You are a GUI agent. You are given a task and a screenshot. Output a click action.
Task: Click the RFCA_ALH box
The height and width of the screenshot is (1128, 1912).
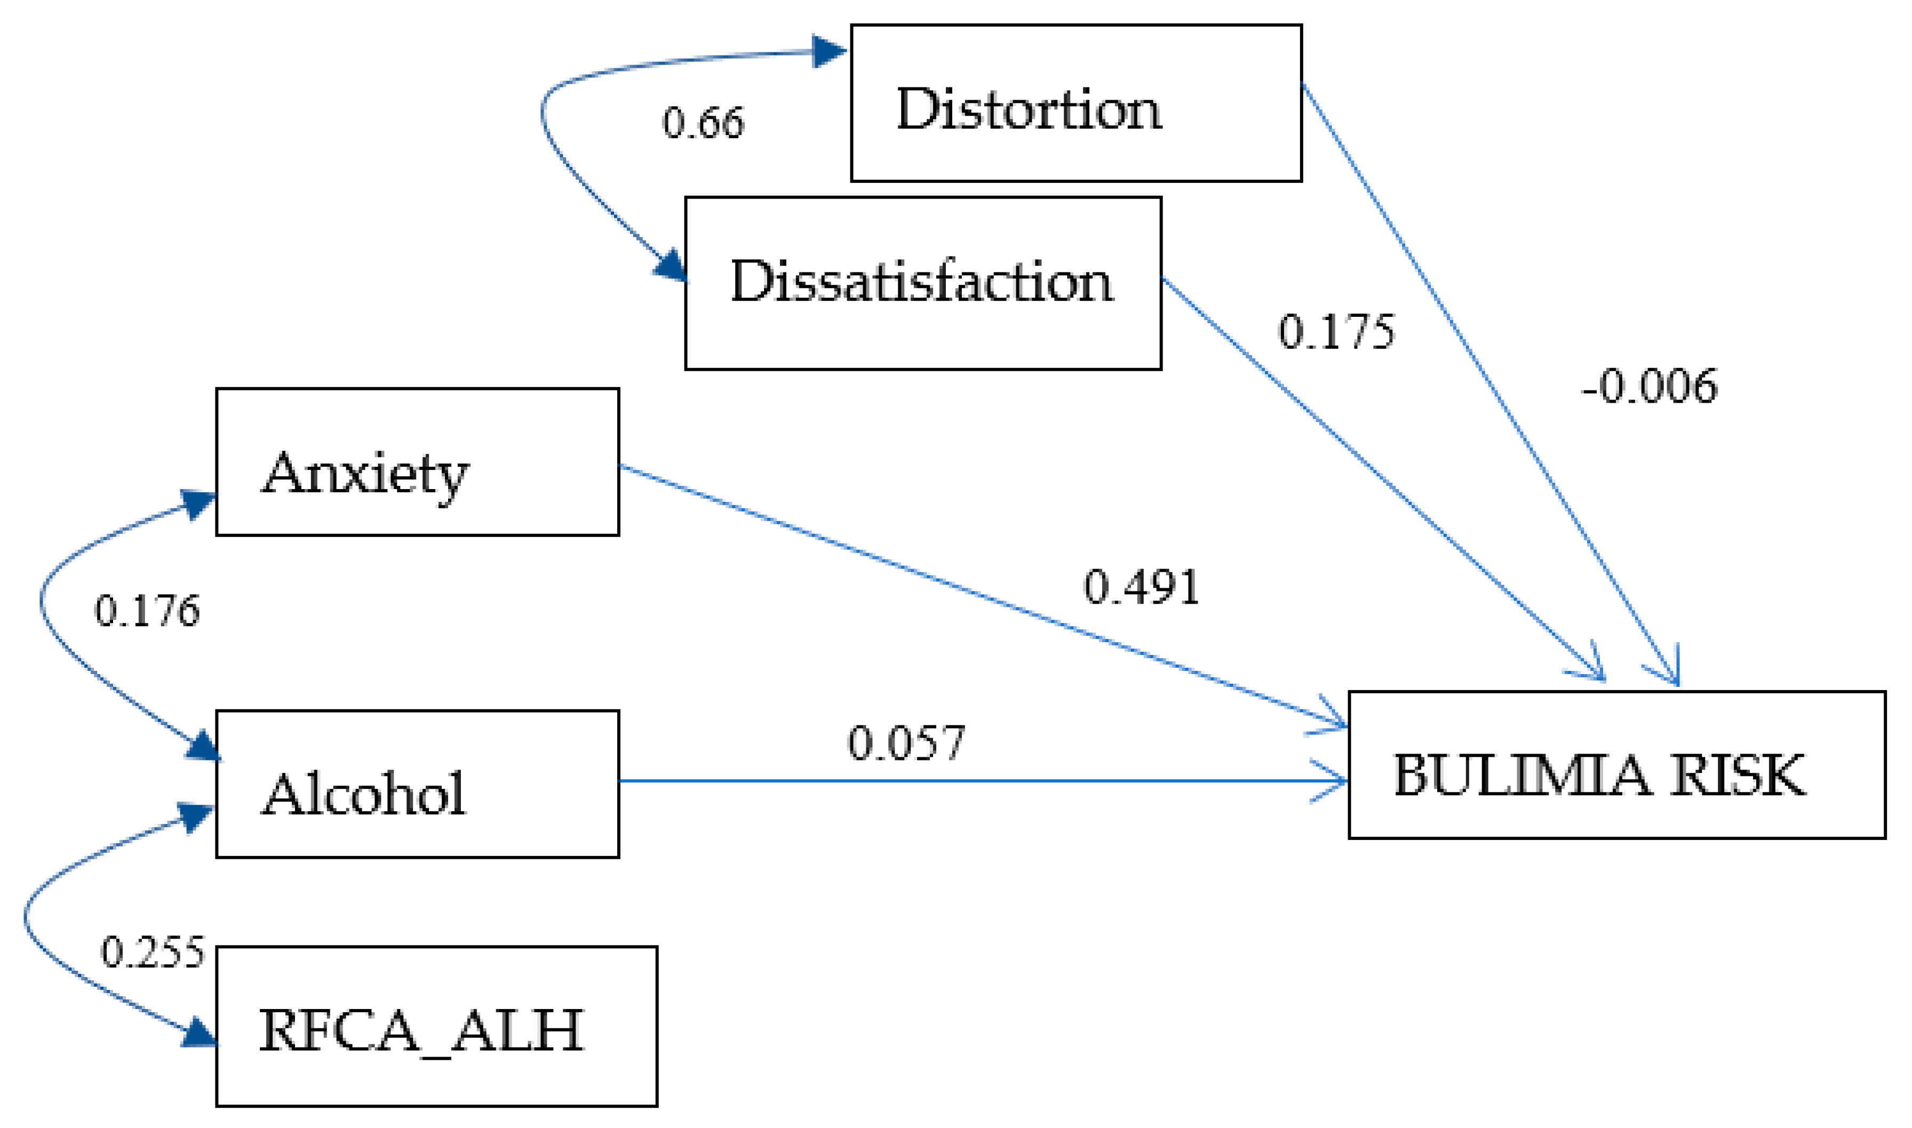tap(436, 1026)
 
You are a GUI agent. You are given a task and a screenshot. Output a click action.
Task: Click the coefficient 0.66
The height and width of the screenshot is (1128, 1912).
tap(703, 123)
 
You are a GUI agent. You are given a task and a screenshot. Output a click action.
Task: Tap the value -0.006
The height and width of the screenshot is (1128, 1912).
tap(1648, 387)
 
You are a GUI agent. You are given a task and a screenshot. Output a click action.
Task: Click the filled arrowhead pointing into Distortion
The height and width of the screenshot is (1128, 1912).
tap(828, 52)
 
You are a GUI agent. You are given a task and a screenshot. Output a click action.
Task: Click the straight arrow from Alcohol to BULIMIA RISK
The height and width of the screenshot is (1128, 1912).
tap(981, 781)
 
